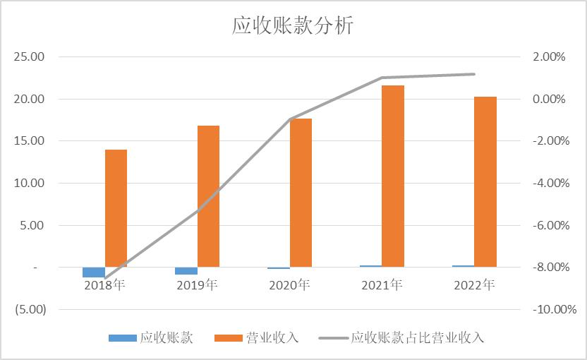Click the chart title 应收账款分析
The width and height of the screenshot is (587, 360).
(x=293, y=25)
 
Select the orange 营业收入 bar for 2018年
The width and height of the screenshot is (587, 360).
(x=116, y=208)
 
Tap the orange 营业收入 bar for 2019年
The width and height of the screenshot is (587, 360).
(x=208, y=196)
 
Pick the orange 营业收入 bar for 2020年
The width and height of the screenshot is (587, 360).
(x=301, y=193)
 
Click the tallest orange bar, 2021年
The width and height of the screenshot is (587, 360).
(x=393, y=176)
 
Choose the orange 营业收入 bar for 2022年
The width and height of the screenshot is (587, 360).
(x=485, y=181)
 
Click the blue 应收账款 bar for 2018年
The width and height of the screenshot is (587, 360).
(x=94, y=272)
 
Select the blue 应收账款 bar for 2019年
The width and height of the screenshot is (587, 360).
(x=186, y=271)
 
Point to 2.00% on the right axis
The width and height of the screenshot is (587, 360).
(x=550, y=57)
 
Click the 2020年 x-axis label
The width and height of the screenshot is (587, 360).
(x=289, y=286)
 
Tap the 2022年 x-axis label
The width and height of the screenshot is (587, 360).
(x=474, y=286)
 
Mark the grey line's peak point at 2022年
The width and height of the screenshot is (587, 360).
(x=474, y=74)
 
